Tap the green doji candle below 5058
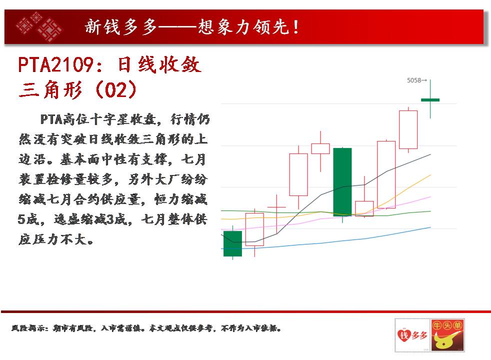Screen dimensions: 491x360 [x=430, y=100]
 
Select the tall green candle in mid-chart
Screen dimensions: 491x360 [x=342, y=182]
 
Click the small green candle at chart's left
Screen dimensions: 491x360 [x=232, y=243]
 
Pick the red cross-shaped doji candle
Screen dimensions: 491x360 [x=276, y=207]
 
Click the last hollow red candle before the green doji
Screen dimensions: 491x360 [x=408, y=129]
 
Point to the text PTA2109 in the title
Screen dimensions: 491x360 [x=55, y=65]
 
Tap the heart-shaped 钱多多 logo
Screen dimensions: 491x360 [x=412, y=335]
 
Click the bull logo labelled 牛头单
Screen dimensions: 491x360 [x=447, y=335]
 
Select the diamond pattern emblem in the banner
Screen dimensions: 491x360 [x=39, y=27]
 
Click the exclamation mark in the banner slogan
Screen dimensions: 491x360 [x=296, y=27]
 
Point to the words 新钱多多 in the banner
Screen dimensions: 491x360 [x=121, y=26]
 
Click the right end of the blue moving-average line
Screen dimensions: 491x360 [x=431, y=227]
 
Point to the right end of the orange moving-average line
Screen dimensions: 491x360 [x=431, y=175]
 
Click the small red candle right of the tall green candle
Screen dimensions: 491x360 [x=364, y=208]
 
